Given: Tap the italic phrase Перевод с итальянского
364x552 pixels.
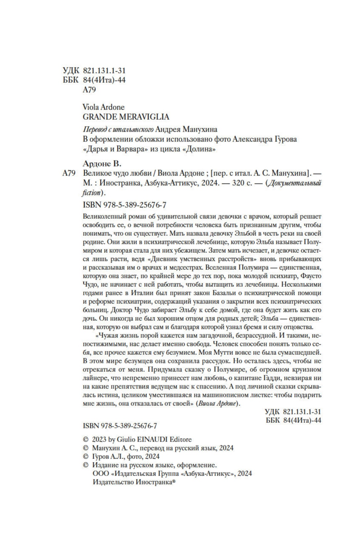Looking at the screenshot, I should coord(117,129).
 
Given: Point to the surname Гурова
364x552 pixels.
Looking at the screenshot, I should coord(284,139).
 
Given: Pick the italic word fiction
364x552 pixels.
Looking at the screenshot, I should coord(91,192).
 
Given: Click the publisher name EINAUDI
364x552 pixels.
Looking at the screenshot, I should coord(152,440).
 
